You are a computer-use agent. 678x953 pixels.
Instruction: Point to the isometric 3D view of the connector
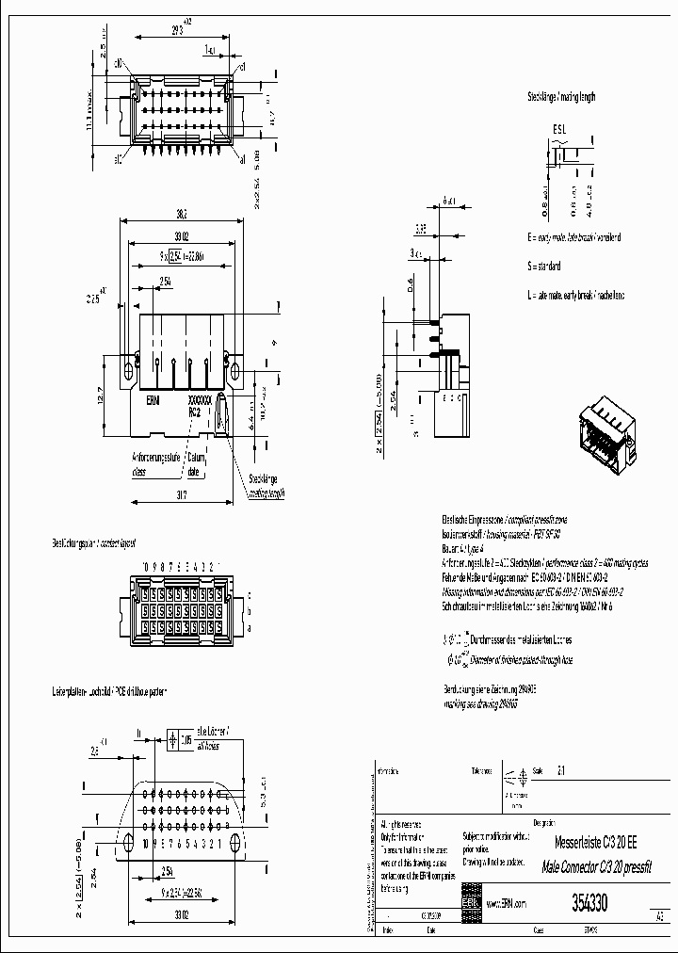[x=603, y=433]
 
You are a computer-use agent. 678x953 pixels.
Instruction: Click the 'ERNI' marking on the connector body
[x=153, y=400]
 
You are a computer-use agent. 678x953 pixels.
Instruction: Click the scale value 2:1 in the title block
[x=562, y=769]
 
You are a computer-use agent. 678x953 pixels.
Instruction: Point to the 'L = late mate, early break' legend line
[x=575, y=296]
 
